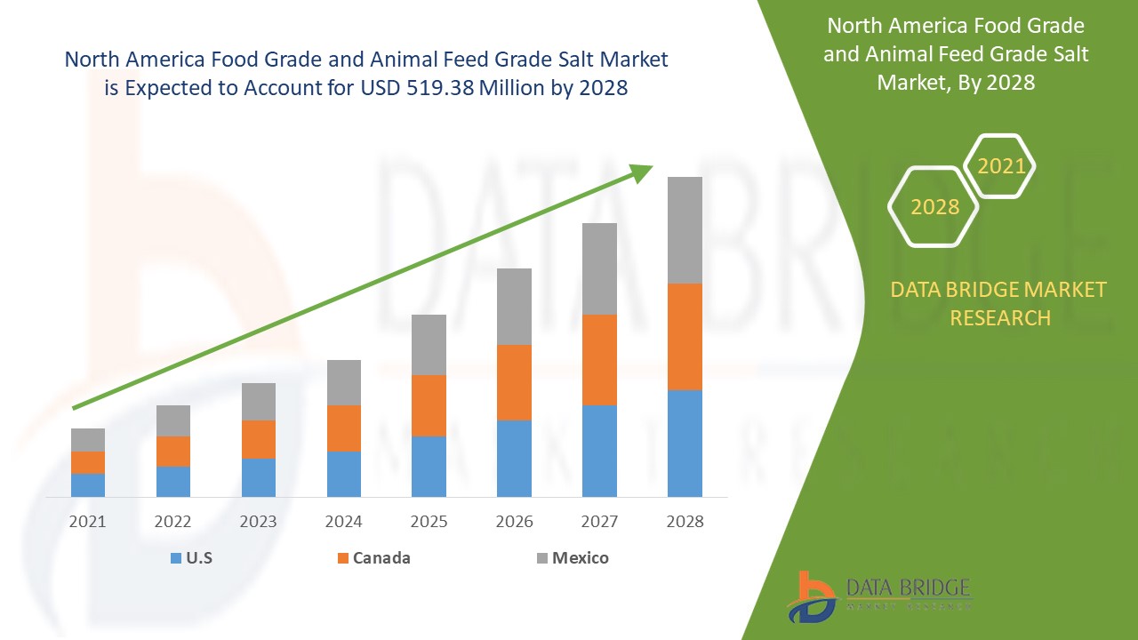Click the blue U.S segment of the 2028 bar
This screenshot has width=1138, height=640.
(x=685, y=443)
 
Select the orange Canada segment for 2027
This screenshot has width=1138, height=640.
(x=599, y=360)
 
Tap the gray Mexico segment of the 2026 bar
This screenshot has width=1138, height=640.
(x=514, y=307)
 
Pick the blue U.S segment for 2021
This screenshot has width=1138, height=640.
(x=88, y=484)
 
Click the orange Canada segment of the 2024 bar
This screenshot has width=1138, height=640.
(x=344, y=428)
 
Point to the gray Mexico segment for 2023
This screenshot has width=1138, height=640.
(x=259, y=402)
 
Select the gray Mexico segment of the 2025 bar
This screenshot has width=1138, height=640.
(x=429, y=345)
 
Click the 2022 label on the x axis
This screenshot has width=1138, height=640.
(x=173, y=522)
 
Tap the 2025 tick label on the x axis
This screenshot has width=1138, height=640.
(x=429, y=522)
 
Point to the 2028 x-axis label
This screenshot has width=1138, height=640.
(x=685, y=522)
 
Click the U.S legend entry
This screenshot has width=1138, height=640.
(x=191, y=558)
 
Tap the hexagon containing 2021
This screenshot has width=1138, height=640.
(x=1000, y=166)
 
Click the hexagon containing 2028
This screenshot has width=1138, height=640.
(x=934, y=206)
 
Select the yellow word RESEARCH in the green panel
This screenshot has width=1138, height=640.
(x=1000, y=317)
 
